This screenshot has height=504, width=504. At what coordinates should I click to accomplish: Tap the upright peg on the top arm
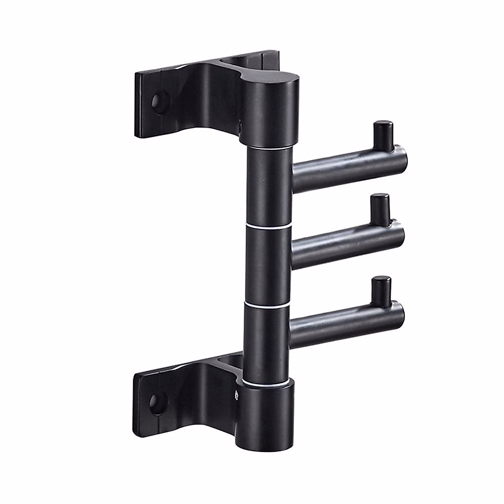pyautogui.click(x=383, y=135)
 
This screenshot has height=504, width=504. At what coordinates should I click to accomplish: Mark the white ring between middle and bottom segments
pyautogui.click(x=266, y=304)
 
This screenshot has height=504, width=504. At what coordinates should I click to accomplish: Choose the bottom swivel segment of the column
pyautogui.click(x=265, y=342)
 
